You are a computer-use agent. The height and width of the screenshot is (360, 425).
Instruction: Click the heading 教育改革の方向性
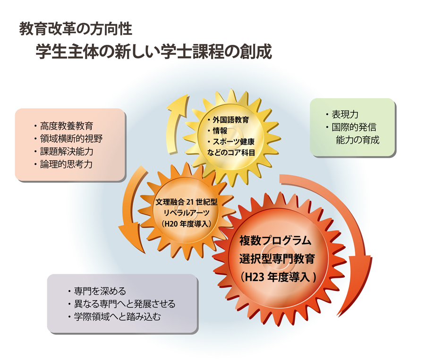pyautogui.click(x=75, y=29)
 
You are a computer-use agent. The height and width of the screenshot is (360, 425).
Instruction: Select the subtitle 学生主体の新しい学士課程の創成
pyautogui.click(x=154, y=51)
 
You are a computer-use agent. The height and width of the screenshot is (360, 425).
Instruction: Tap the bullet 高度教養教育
pyautogui.click(x=66, y=126)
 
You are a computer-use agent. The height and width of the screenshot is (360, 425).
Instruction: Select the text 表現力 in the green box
pyautogui.click(x=345, y=115)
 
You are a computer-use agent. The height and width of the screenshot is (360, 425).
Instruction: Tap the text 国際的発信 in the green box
pyautogui.click(x=354, y=128)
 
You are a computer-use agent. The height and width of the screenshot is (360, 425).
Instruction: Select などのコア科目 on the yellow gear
pyautogui.click(x=231, y=152)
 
